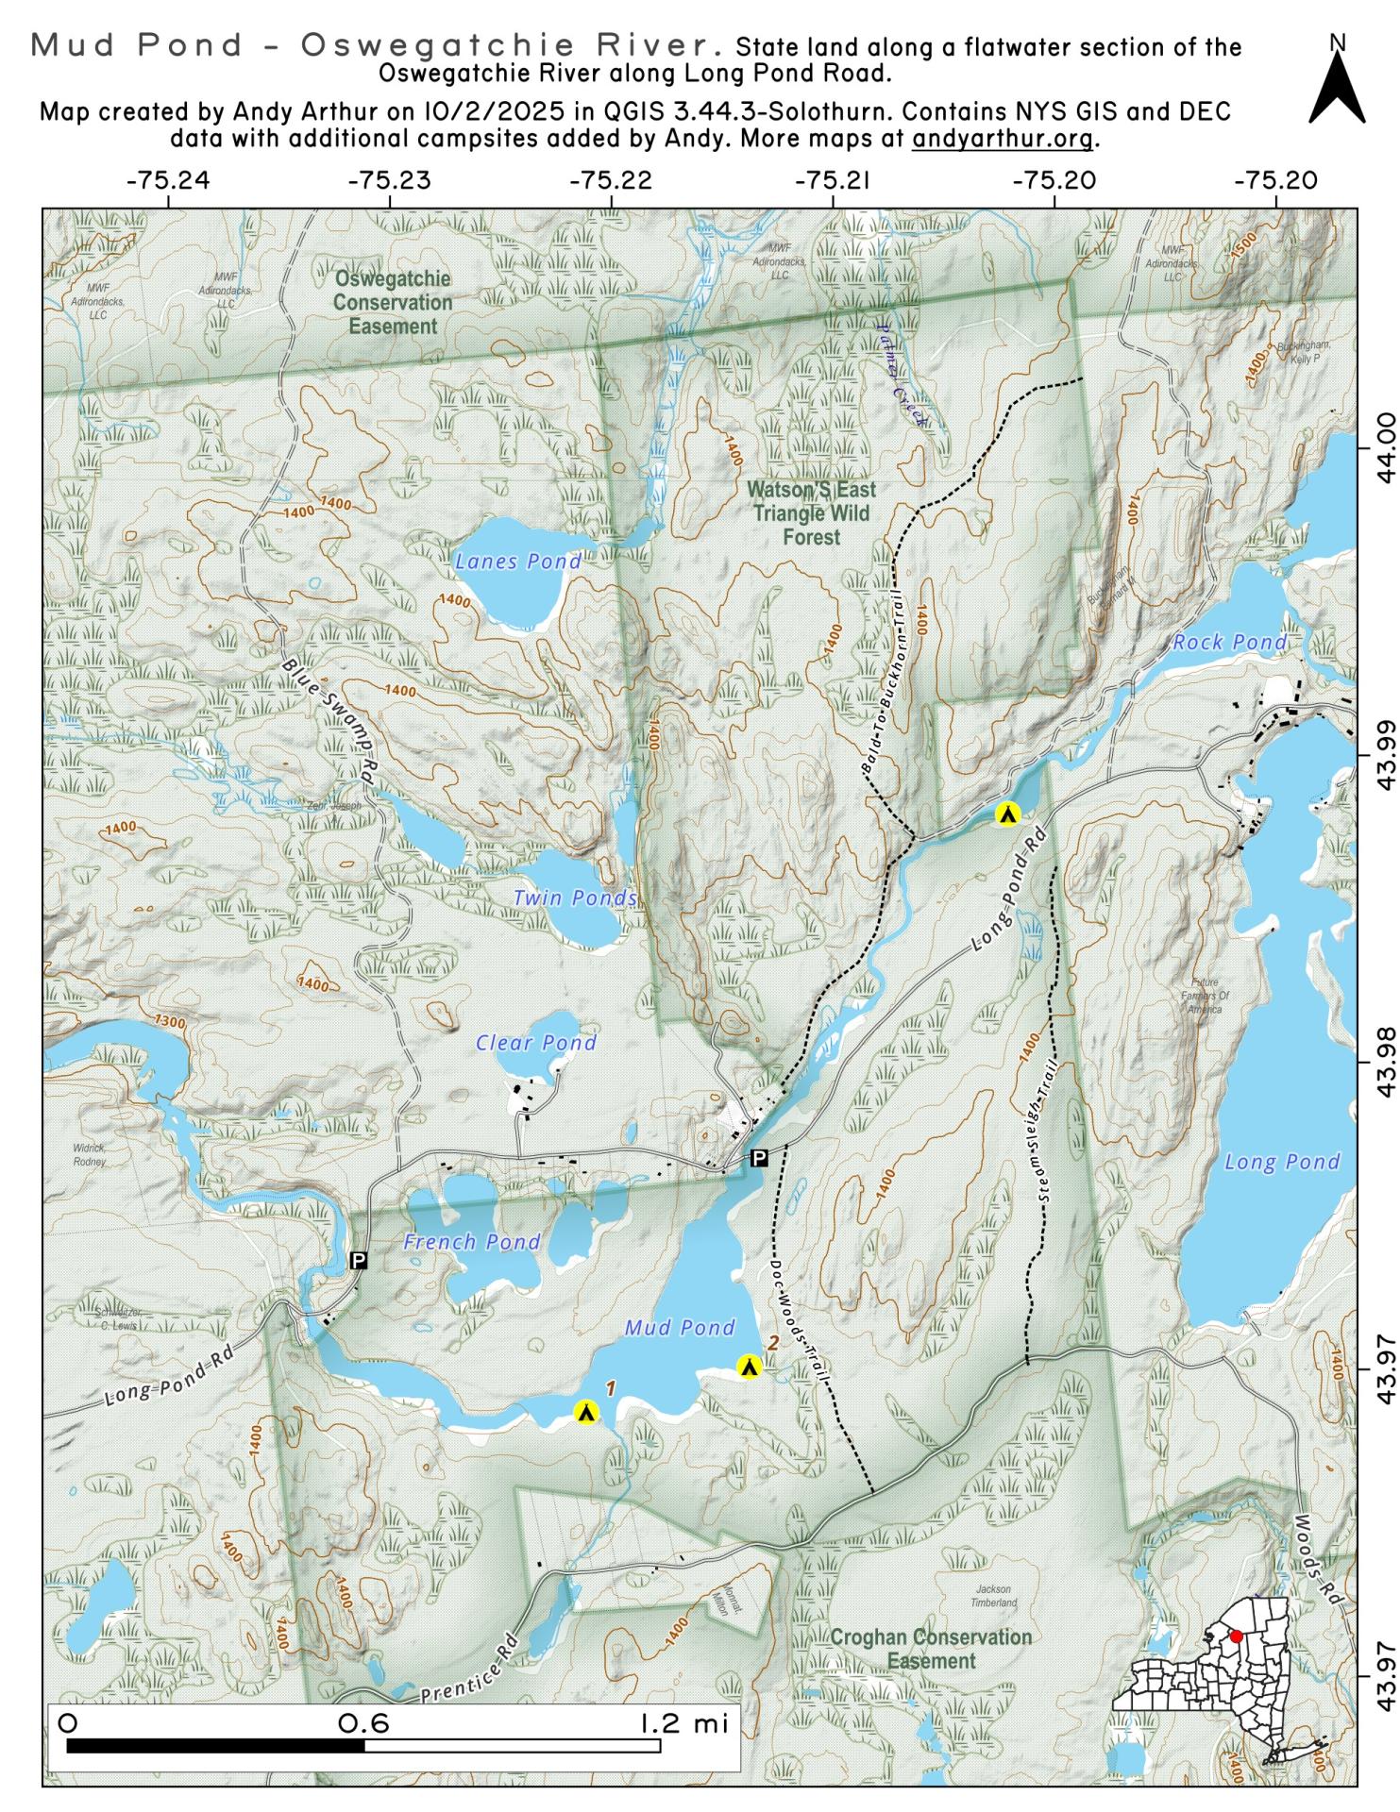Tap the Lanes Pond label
pyautogui.click(x=518, y=562)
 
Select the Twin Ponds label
pyautogui.click(x=575, y=898)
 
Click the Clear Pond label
pyautogui.click(x=535, y=1043)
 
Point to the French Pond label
pyautogui.click(x=471, y=1242)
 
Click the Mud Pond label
pyautogui.click(x=680, y=1328)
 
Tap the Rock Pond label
pyautogui.click(x=1229, y=643)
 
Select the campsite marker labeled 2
pyautogui.click(x=749, y=1367)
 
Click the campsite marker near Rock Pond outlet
pyautogui.click(x=1007, y=814)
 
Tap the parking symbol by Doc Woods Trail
pyautogui.click(x=758, y=1158)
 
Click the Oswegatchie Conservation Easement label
pyautogui.click(x=393, y=303)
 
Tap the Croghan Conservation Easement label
pyautogui.click(x=930, y=1649)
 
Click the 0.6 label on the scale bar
pyautogui.click(x=363, y=1724)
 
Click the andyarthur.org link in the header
pyautogui.click(x=1003, y=139)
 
